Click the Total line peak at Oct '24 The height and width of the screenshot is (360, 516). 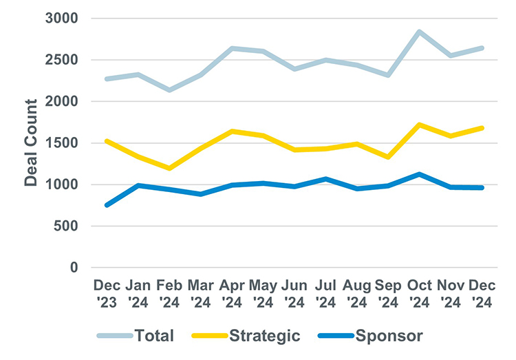point(419,32)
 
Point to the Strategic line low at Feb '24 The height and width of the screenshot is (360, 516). point(169,168)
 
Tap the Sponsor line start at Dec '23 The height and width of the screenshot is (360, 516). point(106,205)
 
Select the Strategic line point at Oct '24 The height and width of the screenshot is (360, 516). point(419,125)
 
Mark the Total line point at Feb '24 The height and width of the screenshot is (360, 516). point(169,90)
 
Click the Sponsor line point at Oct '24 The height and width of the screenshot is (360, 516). point(419,174)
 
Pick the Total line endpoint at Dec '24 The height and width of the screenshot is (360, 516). point(482,48)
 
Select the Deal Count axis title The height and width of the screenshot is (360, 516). point(31,142)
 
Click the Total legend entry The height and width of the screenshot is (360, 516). point(136,336)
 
